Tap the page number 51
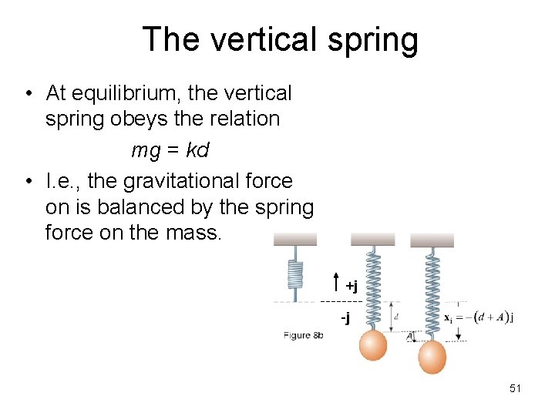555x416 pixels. tap(515, 389)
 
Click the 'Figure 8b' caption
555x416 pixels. tap(303, 335)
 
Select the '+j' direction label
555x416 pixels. tap(351, 287)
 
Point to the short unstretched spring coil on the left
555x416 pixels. tap(294, 273)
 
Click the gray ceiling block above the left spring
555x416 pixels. tap(295, 240)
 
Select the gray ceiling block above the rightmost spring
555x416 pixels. tap(432, 240)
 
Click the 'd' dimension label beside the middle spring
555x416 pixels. tap(395, 316)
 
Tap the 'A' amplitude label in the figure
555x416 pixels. tap(410, 336)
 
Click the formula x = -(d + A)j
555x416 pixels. tap(479, 317)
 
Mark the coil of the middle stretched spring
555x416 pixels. tap(373, 289)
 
